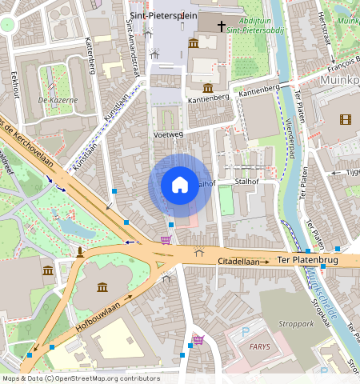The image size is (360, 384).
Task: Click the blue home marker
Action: (180, 185)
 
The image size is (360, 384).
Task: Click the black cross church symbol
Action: (221, 26)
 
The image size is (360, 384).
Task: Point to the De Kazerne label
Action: (57, 101)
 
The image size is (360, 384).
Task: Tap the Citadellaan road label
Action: (243, 262)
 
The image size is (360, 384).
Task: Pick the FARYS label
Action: (259, 347)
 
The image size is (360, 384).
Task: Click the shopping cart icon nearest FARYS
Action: (198, 339)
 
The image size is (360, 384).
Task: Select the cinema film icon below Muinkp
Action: (345, 119)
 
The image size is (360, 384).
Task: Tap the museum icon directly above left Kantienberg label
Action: (208, 86)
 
